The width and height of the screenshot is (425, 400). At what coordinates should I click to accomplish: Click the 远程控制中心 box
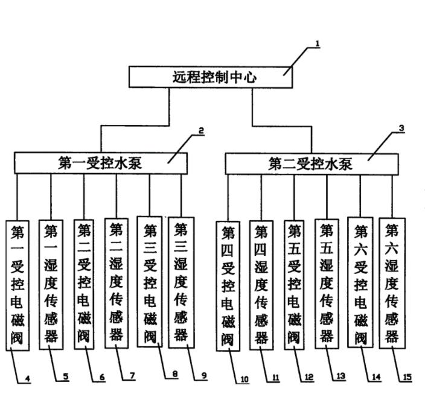[211, 77]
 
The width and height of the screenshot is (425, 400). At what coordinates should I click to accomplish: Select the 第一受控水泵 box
[101, 162]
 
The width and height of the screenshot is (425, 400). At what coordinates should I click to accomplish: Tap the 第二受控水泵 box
[312, 163]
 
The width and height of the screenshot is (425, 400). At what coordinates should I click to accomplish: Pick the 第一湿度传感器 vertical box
[51, 284]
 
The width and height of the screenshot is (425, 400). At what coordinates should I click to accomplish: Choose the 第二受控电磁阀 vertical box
[85, 284]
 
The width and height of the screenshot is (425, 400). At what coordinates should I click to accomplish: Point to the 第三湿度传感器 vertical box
[181, 282]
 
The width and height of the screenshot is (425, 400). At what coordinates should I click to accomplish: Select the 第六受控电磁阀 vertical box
[360, 284]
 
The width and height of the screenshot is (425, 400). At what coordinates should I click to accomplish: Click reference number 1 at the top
[318, 44]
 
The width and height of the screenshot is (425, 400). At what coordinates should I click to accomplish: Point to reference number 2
[201, 130]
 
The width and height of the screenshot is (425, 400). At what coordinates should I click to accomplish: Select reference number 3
[401, 129]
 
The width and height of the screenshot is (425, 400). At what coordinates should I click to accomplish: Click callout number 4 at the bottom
[27, 379]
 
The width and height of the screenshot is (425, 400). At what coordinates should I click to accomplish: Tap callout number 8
[174, 375]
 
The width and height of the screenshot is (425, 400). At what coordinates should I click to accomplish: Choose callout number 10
[244, 379]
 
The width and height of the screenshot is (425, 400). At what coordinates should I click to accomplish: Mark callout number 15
[407, 378]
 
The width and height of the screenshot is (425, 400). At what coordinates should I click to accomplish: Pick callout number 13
[341, 376]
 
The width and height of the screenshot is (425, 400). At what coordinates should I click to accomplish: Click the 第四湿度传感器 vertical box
[261, 285]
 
